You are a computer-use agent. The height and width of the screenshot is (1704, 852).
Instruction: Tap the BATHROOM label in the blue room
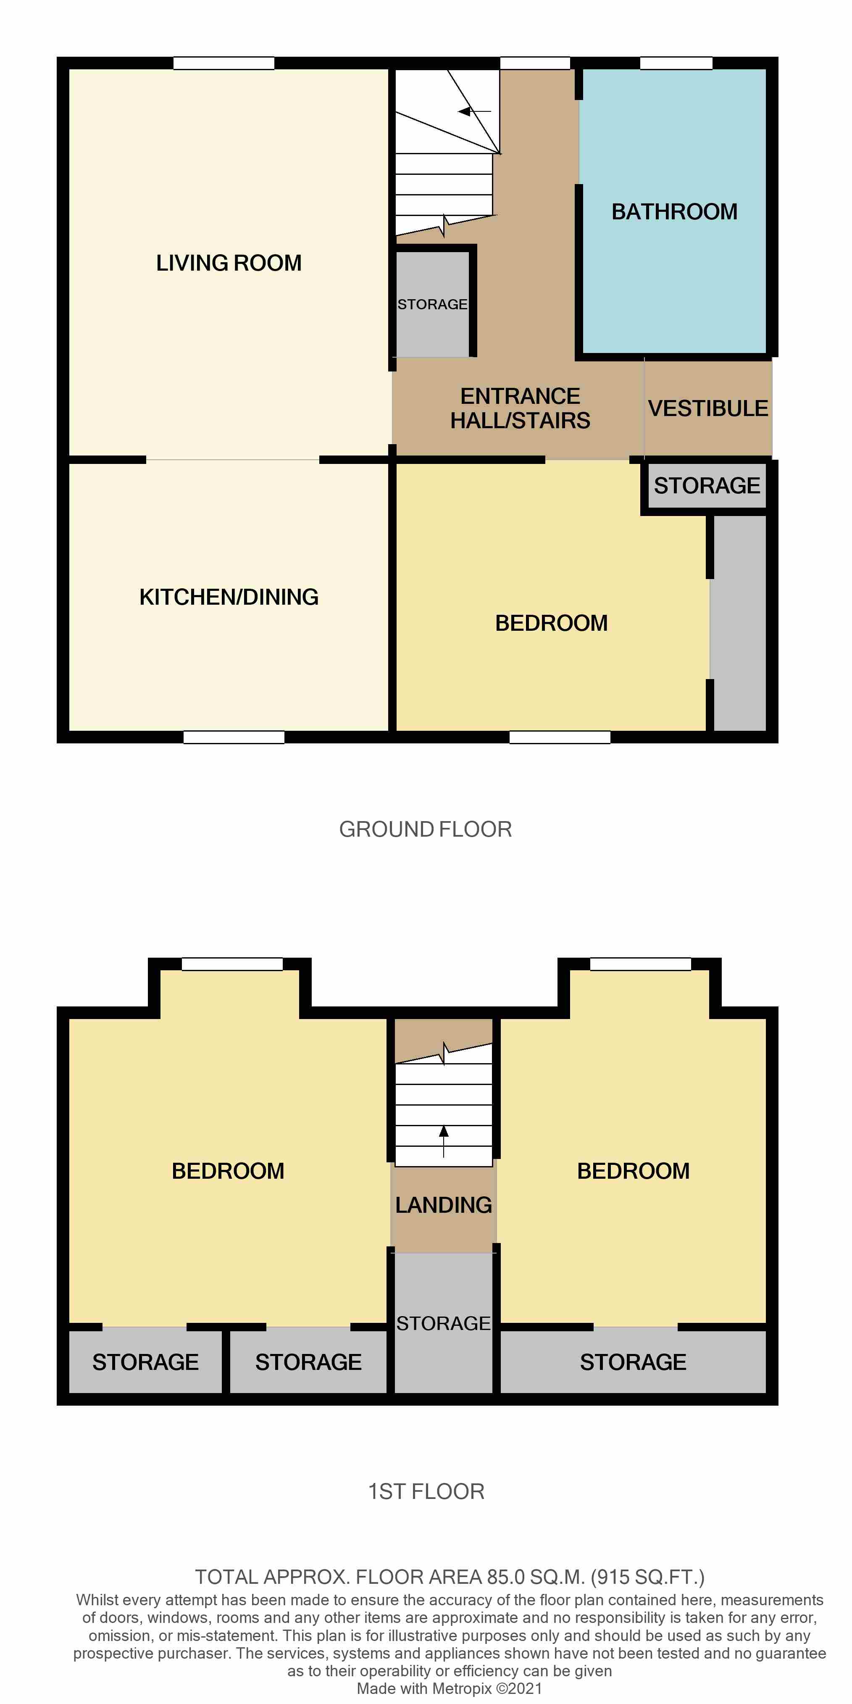(674, 212)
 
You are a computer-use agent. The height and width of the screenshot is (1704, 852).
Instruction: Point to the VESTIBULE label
(708, 409)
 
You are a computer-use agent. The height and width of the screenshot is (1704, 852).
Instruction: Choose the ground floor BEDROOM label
(551, 623)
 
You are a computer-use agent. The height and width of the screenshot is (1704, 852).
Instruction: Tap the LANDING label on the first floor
(443, 1205)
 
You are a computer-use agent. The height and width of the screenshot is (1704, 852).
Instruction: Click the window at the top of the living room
(224, 63)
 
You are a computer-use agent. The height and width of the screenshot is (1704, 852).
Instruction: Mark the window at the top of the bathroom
(676, 63)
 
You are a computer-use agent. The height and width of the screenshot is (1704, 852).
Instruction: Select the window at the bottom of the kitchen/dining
(234, 737)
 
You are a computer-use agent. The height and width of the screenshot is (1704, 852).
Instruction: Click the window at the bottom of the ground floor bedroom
(560, 737)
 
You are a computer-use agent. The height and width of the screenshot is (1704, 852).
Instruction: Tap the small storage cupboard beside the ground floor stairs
(432, 304)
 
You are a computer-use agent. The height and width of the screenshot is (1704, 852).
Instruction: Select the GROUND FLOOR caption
(425, 830)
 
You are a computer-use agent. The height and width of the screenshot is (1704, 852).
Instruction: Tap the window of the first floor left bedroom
(232, 964)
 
